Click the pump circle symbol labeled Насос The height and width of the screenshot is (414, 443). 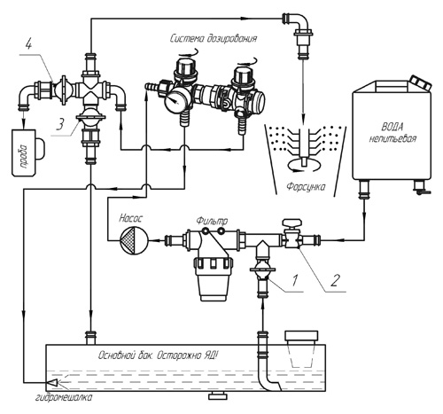click(134, 240)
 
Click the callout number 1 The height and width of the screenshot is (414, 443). click(294, 280)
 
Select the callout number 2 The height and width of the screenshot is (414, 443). click(334, 281)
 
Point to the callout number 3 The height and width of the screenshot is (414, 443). click(59, 125)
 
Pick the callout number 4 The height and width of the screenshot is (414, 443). click(28, 45)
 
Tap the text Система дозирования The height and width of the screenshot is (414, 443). click(214, 38)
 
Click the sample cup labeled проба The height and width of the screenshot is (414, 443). click(25, 152)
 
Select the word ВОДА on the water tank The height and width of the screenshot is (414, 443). click(392, 128)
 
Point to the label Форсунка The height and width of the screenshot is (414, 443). click(306, 187)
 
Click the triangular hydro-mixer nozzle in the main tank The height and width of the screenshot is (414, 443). click(52, 383)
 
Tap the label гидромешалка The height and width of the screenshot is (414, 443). click(64, 397)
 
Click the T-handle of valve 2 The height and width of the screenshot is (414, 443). click(292, 223)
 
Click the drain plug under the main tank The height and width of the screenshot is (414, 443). click(218, 396)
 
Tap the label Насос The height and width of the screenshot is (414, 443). click(130, 218)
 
